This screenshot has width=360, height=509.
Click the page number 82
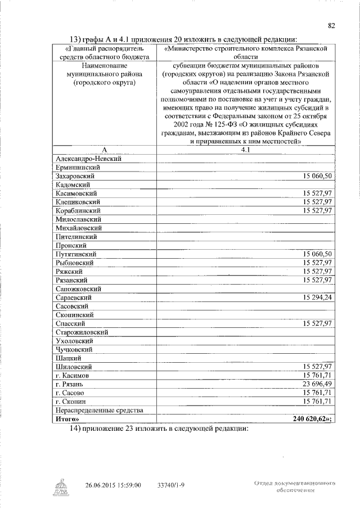(x=331, y=25)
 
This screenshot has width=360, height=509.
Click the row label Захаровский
(x=74, y=177)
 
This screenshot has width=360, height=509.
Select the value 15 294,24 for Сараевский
(x=318, y=297)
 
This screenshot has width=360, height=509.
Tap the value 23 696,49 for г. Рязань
(x=318, y=383)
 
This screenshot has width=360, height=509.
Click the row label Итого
(x=67, y=418)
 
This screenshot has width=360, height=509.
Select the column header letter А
(x=103, y=150)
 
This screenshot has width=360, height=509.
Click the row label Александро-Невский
(x=88, y=159)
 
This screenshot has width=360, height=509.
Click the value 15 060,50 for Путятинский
(x=318, y=254)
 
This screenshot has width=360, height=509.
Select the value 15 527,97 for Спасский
(x=318, y=323)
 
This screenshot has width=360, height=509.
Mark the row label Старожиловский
(x=82, y=332)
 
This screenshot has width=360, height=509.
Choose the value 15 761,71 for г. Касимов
(x=318, y=375)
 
